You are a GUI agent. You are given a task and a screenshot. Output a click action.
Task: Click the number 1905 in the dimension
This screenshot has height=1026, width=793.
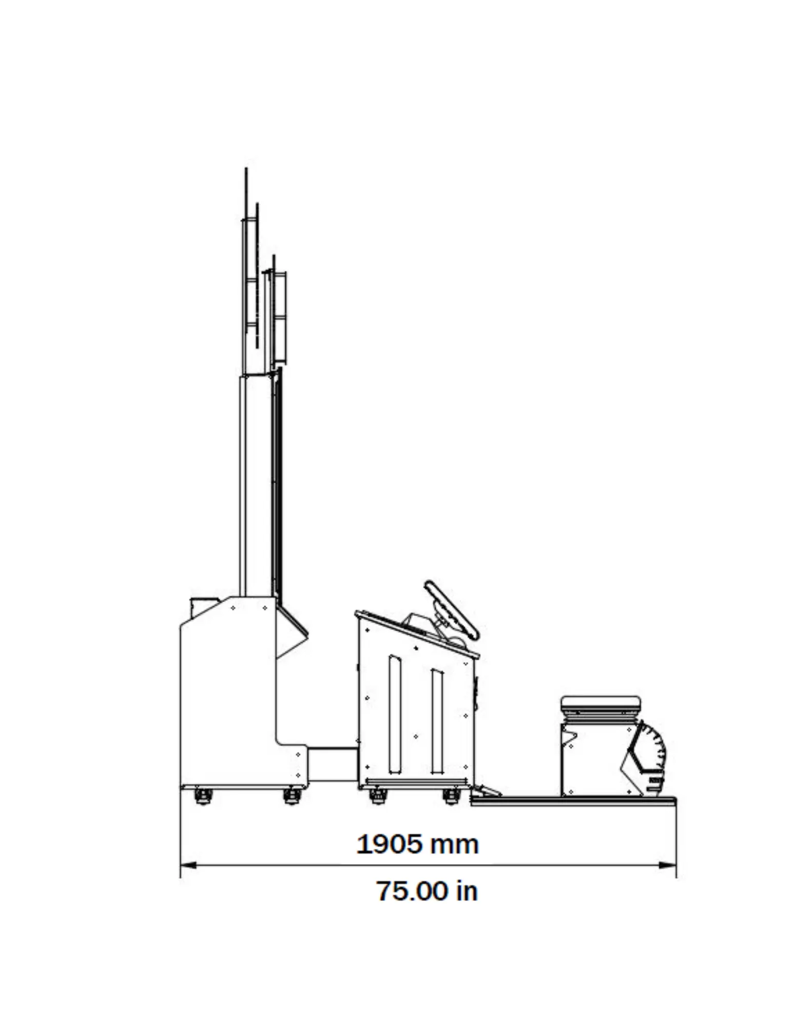[x=389, y=844]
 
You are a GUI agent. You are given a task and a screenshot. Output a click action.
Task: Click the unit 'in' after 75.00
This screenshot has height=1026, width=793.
[x=467, y=891]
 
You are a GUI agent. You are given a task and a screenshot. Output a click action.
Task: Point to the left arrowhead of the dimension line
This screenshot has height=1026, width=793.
[x=188, y=865]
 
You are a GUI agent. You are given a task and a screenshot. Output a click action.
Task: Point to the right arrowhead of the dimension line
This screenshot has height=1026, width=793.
[x=668, y=865]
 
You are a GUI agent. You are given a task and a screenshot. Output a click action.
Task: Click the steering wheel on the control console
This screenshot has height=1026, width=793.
[x=451, y=610]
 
